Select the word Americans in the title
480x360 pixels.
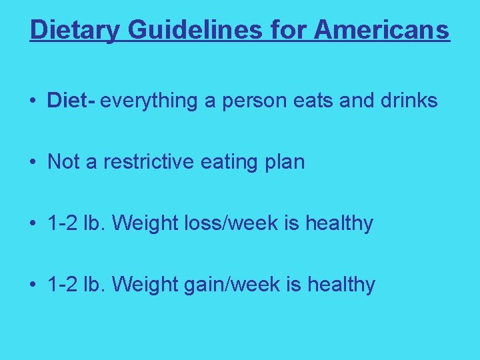tap(382, 30)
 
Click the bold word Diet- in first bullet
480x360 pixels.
tap(72, 101)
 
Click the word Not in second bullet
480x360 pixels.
tap(63, 162)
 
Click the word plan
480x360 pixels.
tap(283, 162)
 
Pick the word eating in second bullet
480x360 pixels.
tap(233, 162)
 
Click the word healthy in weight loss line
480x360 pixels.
tap(339, 223)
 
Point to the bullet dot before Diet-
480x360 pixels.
tap(32, 101)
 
